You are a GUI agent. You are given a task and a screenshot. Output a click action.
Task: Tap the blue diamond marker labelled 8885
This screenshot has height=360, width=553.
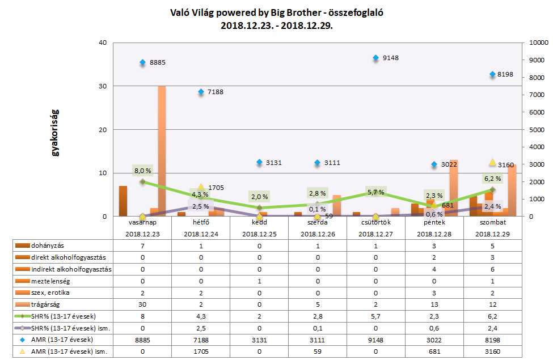click(x=143, y=62)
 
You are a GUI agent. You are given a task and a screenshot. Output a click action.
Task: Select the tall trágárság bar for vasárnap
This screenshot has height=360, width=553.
click(x=162, y=151)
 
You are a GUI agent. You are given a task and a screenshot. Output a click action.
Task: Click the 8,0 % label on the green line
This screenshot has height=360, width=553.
click(x=142, y=170)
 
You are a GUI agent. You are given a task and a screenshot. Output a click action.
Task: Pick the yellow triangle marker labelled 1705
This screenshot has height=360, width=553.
click(x=201, y=187)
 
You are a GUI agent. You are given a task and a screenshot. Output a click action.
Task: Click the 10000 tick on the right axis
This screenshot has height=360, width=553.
click(x=537, y=43)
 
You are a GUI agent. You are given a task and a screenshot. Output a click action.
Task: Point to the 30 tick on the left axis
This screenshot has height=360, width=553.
click(x=103, y=86)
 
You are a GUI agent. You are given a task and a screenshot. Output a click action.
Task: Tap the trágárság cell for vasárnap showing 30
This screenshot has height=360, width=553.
click(x=142, y=304)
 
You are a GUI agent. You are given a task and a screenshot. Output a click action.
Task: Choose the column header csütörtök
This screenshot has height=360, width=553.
click(x=375, y=223)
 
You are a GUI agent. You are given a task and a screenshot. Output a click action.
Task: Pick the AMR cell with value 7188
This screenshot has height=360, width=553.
click(x=201, y=340)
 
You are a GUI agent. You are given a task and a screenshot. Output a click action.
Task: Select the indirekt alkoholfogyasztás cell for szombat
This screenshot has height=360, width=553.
click(x=492, y=269)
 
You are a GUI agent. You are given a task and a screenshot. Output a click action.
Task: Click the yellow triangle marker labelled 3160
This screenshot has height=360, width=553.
click(x=492, y=163)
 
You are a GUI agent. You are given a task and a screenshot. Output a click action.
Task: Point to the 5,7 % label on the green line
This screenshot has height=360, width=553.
click(x=375, y=192)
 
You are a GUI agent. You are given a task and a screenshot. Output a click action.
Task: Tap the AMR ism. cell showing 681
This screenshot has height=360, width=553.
click(x=433, y=352)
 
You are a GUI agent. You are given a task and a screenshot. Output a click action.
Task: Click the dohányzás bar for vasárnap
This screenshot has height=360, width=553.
click(x=123, y=201)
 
